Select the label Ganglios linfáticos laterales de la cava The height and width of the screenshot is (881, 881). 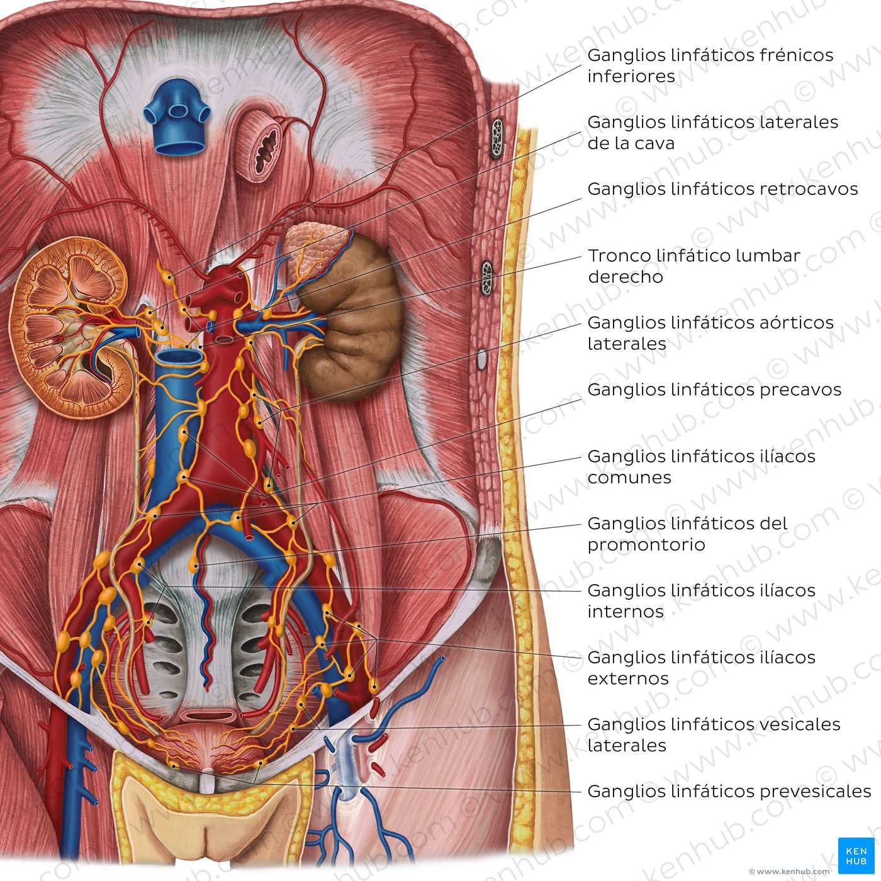click(713, 133)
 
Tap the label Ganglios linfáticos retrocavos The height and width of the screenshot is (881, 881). click(722, 189)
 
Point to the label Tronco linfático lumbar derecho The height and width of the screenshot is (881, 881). click(694, 266)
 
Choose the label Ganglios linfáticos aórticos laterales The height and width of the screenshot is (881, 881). click(710, 333)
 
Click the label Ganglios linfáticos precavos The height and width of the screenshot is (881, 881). click(714, 390)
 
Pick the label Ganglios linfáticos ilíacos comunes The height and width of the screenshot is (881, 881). click(701, 467)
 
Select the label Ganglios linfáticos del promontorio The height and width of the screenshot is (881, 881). click(687, 534)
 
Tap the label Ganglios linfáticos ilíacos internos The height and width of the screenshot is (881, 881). click(701, 601)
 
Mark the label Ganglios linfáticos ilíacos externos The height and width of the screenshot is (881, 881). click(701, 668)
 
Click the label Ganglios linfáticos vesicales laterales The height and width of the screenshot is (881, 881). click(714, 735)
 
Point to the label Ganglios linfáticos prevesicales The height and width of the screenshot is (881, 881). click(729, 791)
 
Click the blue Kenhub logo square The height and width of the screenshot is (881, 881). click(856, 856)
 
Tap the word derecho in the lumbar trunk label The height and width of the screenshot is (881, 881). click(625, 277)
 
